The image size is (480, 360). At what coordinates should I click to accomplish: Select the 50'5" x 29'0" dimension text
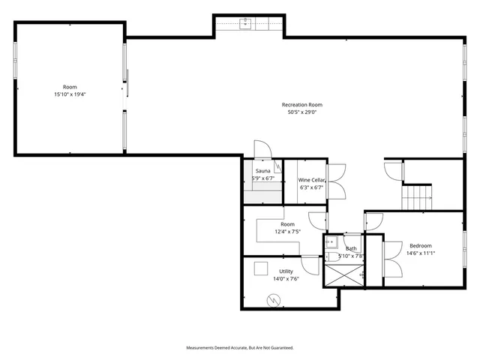pyautogui.click(x=302, y=112)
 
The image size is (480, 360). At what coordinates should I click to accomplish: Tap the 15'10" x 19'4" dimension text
pyautogui.click(x=69, y=94)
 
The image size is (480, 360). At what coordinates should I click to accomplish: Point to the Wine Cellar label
pyautogui.click(x=311, y=180)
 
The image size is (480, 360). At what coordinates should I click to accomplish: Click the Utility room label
pyautogui.click(x=286, y=271)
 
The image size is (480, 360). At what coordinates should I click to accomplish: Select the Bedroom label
pyautogui.click(x=420, y=245)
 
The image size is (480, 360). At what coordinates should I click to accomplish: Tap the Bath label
pyautogui.click(x=351, y=248)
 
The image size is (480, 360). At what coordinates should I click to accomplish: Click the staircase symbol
pyautogui.click(x=418, y=197)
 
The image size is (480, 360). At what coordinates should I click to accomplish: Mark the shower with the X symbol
pyautogui.click(x=343, y=275)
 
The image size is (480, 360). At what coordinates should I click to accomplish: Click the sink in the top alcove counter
pyautogui.click(x=245, y=24)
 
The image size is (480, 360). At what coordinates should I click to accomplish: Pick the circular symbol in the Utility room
pyautogui.click(x=274, y=300)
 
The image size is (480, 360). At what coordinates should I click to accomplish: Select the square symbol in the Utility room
pyautogui.click(x=261, y=268)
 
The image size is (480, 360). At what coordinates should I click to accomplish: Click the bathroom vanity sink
pyautogui.click(x=331, y=241)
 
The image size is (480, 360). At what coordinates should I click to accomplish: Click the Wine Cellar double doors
pyautogui.click(x=337, y=181)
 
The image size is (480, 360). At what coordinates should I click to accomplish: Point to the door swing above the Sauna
pyautogui.click(x=262, y=149)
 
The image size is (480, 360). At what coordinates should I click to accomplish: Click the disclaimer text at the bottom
pyautogui.click(x=240, y=347)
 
